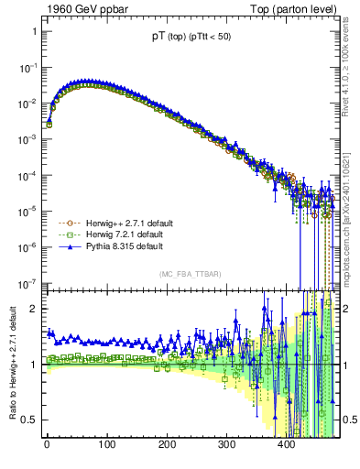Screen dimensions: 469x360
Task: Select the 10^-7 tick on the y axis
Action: coord(27,282)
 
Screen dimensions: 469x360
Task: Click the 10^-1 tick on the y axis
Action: coord(27,68)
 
